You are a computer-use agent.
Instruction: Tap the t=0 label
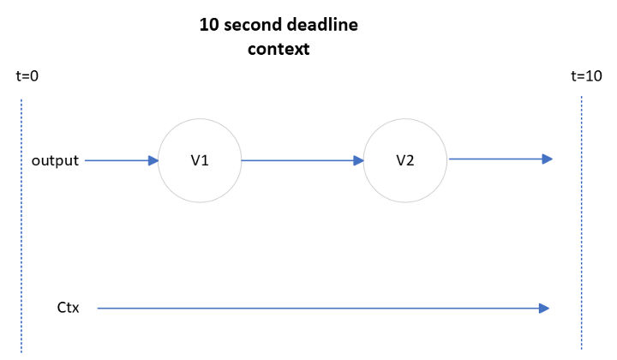[x=27, y=76]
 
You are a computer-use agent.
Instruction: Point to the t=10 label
[x=586, y=76]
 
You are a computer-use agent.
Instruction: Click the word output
[x=55, y=160]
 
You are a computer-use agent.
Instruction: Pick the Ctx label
[x=68, y=307]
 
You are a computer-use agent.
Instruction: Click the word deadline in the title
[x=322, y=25]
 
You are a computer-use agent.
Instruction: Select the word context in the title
[x=279, y=49]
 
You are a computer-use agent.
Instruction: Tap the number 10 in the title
[x=209, y=25]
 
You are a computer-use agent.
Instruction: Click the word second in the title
[x=252, y=25]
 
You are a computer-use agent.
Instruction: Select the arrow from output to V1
[x=122, y=160]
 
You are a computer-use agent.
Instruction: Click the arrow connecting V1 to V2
[x=303, y=160]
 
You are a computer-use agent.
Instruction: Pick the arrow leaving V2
[x=500, y=159]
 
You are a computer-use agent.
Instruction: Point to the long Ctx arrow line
[x=323, y=308]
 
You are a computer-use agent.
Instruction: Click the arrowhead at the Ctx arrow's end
[x=544, y=308]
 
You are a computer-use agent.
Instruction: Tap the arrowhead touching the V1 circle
[x=153, y=160]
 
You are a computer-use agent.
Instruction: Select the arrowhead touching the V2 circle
[x=359, y=160]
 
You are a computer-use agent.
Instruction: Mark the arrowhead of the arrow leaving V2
[x=548, y=159]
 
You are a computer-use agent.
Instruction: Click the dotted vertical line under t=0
[x=21, y=226]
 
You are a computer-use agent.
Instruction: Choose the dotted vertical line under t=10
[x=581, y=223]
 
